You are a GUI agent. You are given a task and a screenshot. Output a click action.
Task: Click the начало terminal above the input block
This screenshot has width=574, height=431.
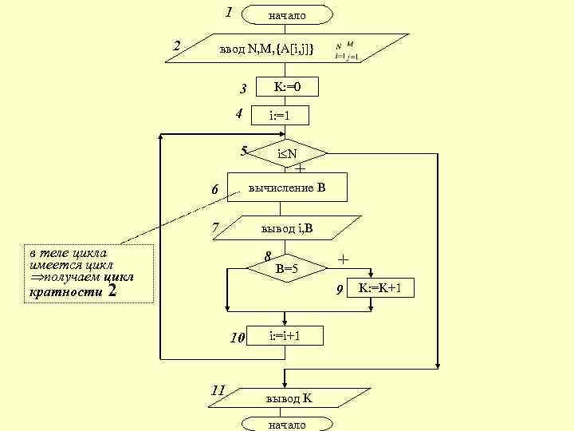click(287, 15)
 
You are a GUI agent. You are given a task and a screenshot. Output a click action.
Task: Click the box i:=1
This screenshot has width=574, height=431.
click(279, 117)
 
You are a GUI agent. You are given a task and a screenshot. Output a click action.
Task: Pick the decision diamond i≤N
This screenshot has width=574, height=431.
click(287, 152)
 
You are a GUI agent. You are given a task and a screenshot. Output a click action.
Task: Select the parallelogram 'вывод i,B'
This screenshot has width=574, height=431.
click(287, 229)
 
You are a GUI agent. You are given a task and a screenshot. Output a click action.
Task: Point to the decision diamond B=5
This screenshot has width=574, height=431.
click(286, 269)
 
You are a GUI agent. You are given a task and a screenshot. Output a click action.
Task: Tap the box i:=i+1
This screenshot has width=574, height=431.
click(285, 336)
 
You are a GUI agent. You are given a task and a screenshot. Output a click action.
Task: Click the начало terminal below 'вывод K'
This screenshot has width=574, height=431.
click(287, 425)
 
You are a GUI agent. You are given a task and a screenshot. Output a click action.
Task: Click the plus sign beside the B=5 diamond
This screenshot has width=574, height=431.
click(344, 259)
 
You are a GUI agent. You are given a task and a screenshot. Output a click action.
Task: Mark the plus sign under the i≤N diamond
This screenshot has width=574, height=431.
click(300, 169)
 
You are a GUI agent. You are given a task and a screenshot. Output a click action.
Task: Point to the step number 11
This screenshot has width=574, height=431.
click(217, 390)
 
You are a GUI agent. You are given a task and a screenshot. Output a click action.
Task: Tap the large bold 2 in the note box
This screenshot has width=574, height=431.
click(112, 291)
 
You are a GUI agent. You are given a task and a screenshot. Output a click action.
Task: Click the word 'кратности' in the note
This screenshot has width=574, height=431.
click(65, 293)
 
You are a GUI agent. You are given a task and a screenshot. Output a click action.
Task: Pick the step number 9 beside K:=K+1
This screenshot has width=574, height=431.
click(340, 289)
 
